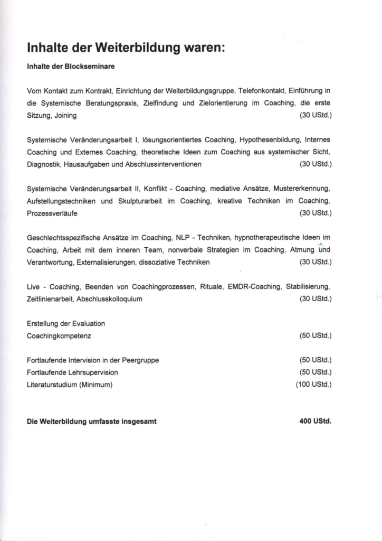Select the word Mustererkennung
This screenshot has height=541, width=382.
[x=301, y=189]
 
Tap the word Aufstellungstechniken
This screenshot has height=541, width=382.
[x=61, y=201]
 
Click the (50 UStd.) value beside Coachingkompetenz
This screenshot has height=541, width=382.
[x=315, y=335]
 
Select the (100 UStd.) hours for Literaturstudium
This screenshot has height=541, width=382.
[x=313, y=385]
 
